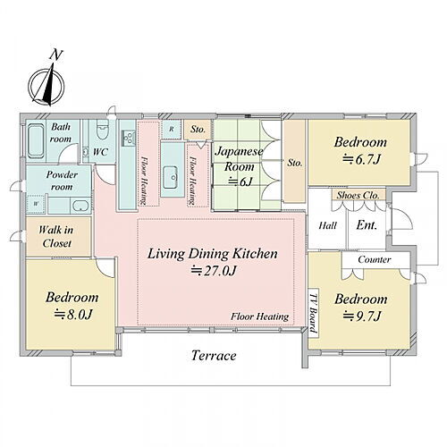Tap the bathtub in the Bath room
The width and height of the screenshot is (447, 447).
point(37,141)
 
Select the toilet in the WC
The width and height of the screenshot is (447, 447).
point(102,130)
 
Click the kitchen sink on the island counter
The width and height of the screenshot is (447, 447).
point(171,177)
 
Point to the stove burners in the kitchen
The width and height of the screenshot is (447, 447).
point(129,139)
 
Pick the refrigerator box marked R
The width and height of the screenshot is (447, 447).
point(172,129)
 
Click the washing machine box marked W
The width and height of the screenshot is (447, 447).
point(36,204)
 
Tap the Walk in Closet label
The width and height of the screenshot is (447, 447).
point(56,237)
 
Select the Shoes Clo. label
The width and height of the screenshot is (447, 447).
point(358,196)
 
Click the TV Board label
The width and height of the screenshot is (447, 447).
point(313,313)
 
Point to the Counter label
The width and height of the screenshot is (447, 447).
point(375,259)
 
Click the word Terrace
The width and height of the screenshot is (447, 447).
point(214,355)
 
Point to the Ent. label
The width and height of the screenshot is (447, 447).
point(367,225)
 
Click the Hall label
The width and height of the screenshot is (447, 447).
point(327,225)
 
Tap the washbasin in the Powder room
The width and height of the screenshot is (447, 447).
point(80,206)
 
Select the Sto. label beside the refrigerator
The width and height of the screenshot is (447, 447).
point(198,130)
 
